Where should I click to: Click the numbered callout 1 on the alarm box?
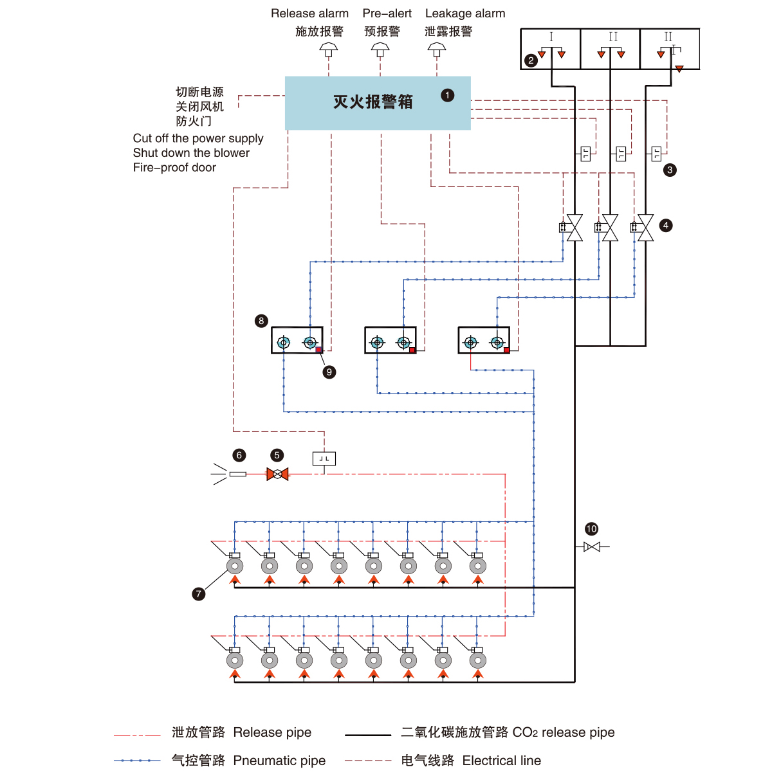(x=448, y=95)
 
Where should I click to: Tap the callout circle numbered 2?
(x=531, y=60)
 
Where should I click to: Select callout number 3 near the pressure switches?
(x=670, y=170)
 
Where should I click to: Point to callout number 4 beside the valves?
(x=666, y=225)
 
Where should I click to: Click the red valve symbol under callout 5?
(x=277, y=474)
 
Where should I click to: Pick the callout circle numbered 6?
(x=239, y=455)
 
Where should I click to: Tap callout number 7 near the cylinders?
(x=199, y=593)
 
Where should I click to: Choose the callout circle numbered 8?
(x=261, y=321)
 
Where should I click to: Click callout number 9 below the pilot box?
(x=329, y=372)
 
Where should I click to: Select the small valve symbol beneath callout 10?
(x=592, y=546)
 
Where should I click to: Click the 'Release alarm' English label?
(x=309, y=14)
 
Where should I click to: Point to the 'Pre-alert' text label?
(x=387, y=14)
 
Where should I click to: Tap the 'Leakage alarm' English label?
(x=465, y=14)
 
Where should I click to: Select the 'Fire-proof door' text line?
(x=174, y=167)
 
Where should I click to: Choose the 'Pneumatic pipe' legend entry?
(x=279, y=761)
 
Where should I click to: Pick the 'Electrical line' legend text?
(x=502, y=761)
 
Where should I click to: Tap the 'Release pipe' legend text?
(x=272, y=732)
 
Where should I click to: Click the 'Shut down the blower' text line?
(x=191, y=152)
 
